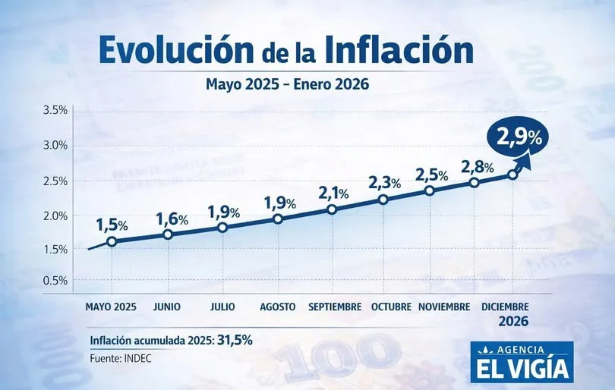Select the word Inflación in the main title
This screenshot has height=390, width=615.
(399, 51)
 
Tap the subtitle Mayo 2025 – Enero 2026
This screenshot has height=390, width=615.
(287, 84)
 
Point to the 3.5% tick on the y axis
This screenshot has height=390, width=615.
(55, 111)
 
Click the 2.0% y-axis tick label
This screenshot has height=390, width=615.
(55, 215)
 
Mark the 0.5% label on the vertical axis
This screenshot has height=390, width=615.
(55, 281)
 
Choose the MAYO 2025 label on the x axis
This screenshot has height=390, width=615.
(111, 307)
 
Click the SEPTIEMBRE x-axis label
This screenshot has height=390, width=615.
(335, 307)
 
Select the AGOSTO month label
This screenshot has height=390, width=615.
(278, 307)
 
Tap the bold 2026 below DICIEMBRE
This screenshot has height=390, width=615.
(513, 322)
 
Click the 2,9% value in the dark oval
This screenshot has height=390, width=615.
(519, 138)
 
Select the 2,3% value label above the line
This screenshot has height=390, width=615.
(384, 183)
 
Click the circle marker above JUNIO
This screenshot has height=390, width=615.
(168, 234)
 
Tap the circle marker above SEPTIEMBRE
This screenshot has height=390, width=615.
(332, 209)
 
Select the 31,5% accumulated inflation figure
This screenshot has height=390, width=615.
(235, 340)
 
